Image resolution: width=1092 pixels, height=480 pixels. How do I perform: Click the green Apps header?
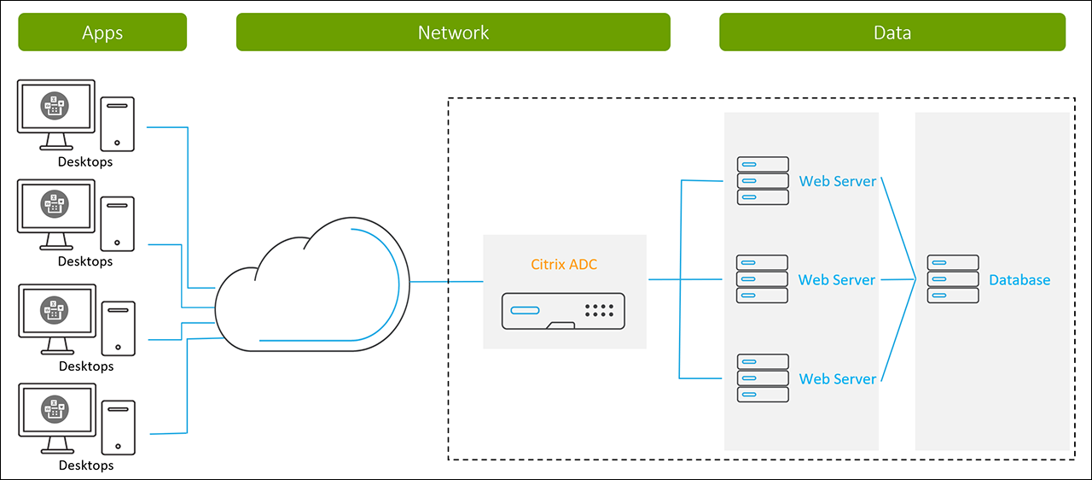(102, 32)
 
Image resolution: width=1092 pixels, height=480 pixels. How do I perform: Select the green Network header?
(453, 32)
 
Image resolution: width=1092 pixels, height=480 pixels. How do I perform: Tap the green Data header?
(892, 32)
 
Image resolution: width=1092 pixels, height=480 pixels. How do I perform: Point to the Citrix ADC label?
(564, 265)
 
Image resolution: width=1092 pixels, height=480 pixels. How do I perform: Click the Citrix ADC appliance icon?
(564, 309)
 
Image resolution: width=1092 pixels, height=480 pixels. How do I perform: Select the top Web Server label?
(838, 181)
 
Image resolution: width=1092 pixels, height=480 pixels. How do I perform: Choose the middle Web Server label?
(837, 280)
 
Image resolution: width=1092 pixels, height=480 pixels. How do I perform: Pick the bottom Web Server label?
(838, 379)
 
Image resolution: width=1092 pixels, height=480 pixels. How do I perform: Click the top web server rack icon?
(763, 181)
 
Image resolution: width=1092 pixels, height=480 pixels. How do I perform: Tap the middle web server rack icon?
(763, 279)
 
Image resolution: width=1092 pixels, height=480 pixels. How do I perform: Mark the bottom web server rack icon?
(763, 378)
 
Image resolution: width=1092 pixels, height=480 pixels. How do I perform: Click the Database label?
(1019, 280)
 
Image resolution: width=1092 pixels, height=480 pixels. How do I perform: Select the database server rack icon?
(953, 279)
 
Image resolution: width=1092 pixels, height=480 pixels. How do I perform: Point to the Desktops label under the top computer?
(85, 161)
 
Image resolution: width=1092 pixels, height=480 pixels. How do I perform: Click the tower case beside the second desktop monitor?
(117, 224)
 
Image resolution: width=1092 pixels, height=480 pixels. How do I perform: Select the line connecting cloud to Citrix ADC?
(446, 282)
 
